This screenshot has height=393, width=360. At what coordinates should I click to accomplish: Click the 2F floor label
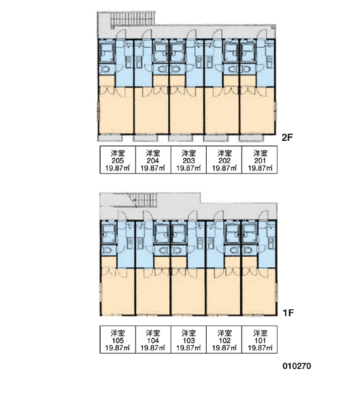point(287,138)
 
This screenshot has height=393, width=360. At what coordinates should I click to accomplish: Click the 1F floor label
point(288,312)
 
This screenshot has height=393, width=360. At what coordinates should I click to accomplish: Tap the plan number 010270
point(297,366)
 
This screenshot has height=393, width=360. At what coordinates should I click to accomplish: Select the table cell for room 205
point(118,160)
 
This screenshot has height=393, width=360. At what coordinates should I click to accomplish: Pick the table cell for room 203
point(189,160)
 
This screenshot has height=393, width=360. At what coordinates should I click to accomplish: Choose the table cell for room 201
point(260,160)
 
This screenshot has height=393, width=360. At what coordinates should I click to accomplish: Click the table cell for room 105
point(118,339)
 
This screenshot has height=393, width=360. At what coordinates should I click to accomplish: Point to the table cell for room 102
point(225,339)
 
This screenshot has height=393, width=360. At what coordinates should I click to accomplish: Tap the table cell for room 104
point(153,339)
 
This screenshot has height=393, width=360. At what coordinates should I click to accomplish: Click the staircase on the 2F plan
point(132,19)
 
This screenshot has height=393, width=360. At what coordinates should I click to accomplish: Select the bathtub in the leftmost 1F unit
point(109,234)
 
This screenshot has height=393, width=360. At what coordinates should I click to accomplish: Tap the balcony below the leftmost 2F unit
point(110,138)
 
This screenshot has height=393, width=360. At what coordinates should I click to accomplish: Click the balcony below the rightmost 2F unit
point(251,138)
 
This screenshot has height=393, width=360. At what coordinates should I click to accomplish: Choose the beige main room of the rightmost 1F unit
point(259,292)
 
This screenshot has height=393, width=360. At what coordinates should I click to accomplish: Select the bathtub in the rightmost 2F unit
point(248,52)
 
